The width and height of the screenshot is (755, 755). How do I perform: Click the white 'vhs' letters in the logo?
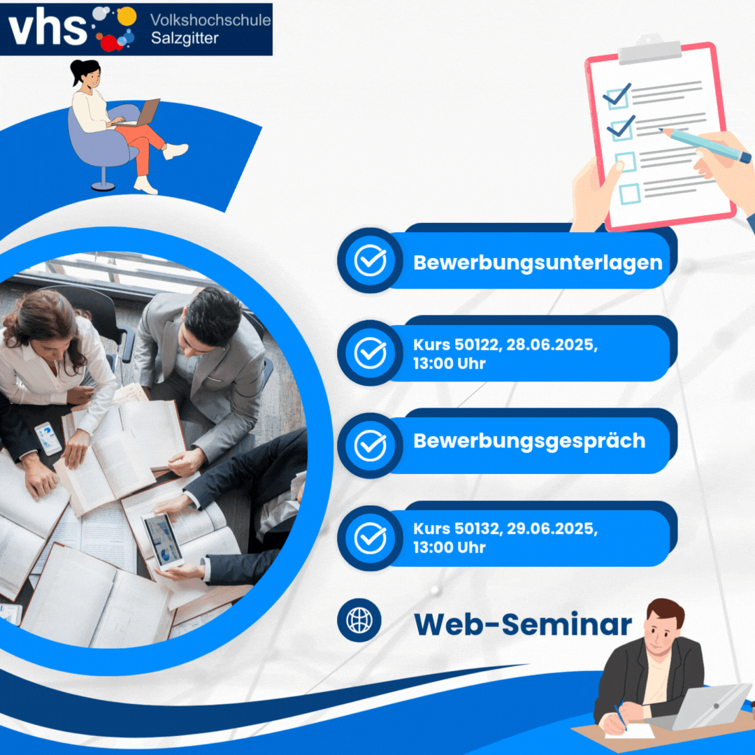pos(48,28)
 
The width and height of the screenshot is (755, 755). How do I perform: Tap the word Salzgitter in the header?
pos(185,38)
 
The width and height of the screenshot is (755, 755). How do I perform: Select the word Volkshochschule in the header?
pos(210,20)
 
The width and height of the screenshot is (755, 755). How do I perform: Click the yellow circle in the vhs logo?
pos(127,16)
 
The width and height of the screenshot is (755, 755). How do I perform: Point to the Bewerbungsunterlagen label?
pos(538,263)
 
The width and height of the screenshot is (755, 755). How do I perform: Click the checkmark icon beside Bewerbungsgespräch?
pos(371,445)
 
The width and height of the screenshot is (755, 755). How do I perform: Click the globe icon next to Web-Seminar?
pos(359,620)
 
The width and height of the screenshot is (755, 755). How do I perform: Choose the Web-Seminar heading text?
pos(523,624)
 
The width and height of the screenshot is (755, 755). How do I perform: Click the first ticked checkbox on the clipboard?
pos(617,96)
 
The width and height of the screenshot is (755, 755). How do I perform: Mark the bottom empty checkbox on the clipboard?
pos(629,194)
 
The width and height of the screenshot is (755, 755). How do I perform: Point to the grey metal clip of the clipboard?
pos(649,49)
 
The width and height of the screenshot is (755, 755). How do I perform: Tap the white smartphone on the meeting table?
pos(48,438)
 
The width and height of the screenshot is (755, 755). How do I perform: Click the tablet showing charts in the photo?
pos(162,541)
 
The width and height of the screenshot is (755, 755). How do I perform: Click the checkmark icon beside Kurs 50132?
pos(371,538)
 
